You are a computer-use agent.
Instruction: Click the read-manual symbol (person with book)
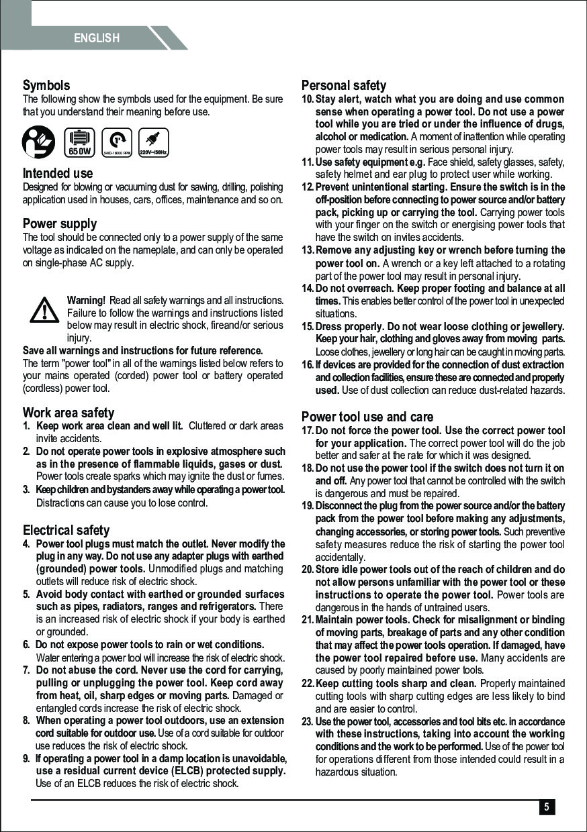coord(39,141)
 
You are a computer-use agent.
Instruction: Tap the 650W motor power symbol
coord(79,142)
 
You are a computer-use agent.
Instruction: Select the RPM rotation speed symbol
coord(118,142)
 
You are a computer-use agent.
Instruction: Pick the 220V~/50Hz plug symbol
coord(153,142)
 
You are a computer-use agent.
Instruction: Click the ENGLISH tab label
coord(97,38)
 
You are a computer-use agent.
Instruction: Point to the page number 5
coord(547,807)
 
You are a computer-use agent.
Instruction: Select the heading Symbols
coord(46,85)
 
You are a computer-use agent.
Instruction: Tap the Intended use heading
coord(58,173)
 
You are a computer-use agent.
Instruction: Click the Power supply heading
coord(60,223)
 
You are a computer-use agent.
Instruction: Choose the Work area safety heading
coord(69,413)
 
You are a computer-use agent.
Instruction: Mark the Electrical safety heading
coord(66,530)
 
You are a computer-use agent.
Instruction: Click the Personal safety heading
coord(344,85)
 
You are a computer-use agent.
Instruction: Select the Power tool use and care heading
coord(367,417)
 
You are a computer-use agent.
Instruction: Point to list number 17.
coord(308,431)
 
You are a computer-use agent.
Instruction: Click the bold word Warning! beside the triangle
coord(86,299)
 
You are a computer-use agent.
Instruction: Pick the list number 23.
coord(307,722)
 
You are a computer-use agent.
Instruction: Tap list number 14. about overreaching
coord(308,289)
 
